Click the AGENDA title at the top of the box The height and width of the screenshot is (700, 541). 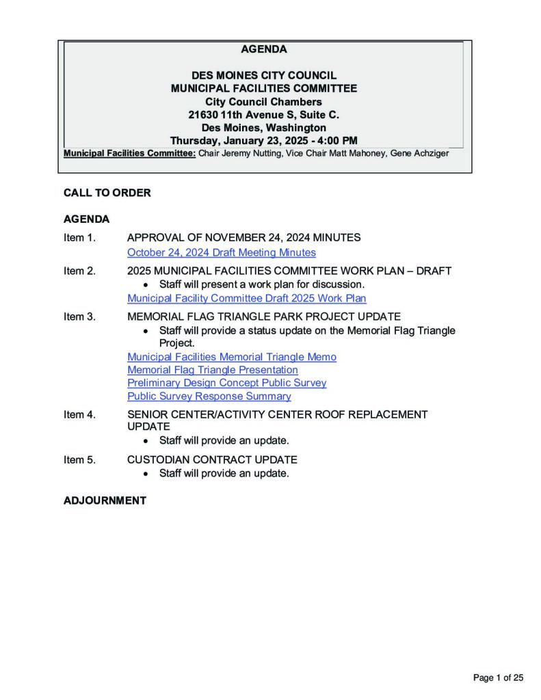263,49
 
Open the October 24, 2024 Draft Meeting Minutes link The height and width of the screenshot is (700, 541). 221,252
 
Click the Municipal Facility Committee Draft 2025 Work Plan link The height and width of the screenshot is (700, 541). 246,298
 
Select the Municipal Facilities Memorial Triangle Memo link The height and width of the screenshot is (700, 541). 231,357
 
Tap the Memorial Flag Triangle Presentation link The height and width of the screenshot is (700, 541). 212,370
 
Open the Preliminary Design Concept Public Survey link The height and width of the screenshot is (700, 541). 226,383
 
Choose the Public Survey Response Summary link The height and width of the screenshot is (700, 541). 209,396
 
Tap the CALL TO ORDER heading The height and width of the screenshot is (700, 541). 107,193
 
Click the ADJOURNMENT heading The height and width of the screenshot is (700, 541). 105,500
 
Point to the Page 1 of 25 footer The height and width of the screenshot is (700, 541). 498,677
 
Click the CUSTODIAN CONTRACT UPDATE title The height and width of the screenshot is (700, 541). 212,460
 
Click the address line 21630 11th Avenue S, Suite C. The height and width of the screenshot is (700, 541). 263,115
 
